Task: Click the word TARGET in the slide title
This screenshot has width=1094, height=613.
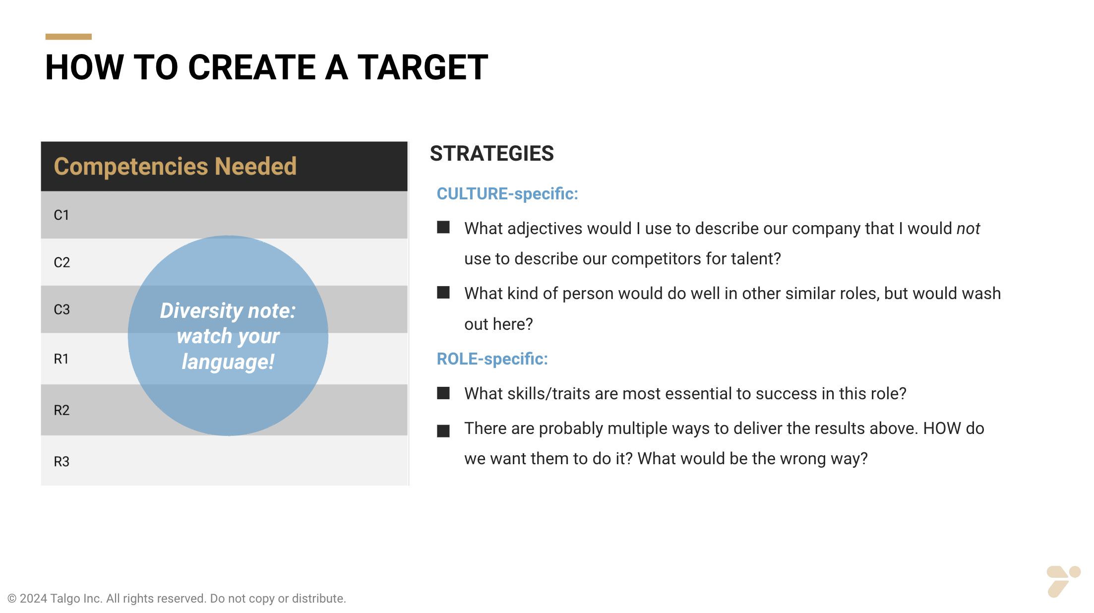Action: coord(423,67)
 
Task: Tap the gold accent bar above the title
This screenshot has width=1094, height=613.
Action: coord(68,37)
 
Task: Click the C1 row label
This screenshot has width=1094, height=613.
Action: coord(61,215)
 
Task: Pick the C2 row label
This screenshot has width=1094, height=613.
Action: coord(61,262)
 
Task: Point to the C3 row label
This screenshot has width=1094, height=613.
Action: coord(61,309)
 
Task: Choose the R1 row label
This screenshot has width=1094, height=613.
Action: coord(61,359)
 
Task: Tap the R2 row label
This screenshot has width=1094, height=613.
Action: coord(61,410)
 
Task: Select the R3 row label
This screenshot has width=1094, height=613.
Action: coord(61,462)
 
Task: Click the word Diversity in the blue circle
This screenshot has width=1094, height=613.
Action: coord(201,311)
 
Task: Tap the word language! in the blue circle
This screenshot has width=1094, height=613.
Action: coord(228,362)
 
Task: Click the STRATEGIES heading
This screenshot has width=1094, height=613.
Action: coord(491,154)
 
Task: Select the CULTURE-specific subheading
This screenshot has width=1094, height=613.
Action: coord(507,194)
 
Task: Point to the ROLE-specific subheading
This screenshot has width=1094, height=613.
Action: coord(492,359)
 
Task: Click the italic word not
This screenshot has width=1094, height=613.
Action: coord(968,229)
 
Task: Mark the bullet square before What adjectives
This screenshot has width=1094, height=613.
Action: coord(443,228)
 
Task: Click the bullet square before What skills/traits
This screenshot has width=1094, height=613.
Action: coord(443,393)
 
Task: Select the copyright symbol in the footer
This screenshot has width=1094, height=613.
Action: coord(12,599)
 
